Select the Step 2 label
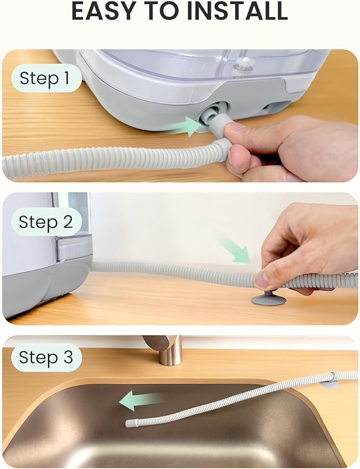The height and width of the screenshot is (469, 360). click(45, 221)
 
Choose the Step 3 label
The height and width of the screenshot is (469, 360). click(45, 357)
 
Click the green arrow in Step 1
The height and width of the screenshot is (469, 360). click(182, 127)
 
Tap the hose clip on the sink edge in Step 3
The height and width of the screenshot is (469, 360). click(331, 380)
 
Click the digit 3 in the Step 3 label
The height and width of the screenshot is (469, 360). click(67, 357)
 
